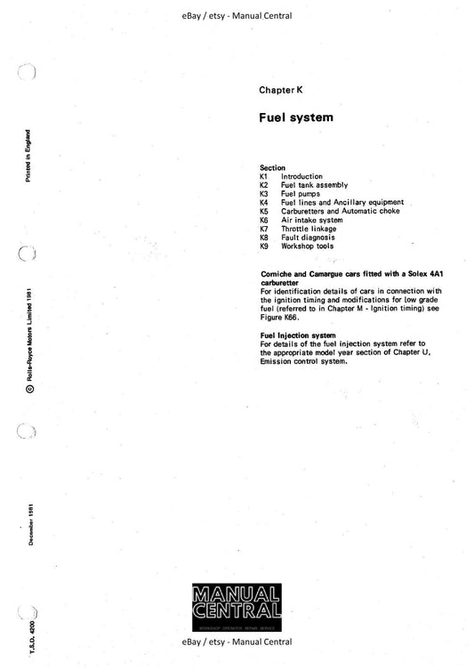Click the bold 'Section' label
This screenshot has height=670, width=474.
[272, 167]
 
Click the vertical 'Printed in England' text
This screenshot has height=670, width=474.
[30, 159]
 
